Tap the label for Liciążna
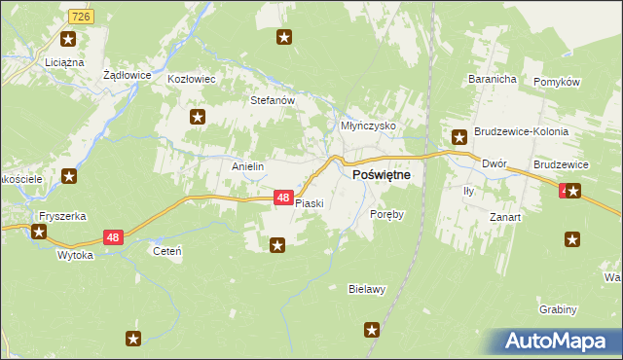[64, 62]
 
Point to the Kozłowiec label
[191, 79]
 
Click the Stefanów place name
[272, 100]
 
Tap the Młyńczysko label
[367, 126]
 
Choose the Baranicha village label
[491, 78]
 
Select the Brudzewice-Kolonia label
[521, 131]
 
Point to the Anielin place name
[247, 166]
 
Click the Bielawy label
[368, 289]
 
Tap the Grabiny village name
[558, 309]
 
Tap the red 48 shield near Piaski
[282, 198]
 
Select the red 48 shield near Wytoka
[113, 237]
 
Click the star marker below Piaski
[277, 245]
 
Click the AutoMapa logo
[557, 342]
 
